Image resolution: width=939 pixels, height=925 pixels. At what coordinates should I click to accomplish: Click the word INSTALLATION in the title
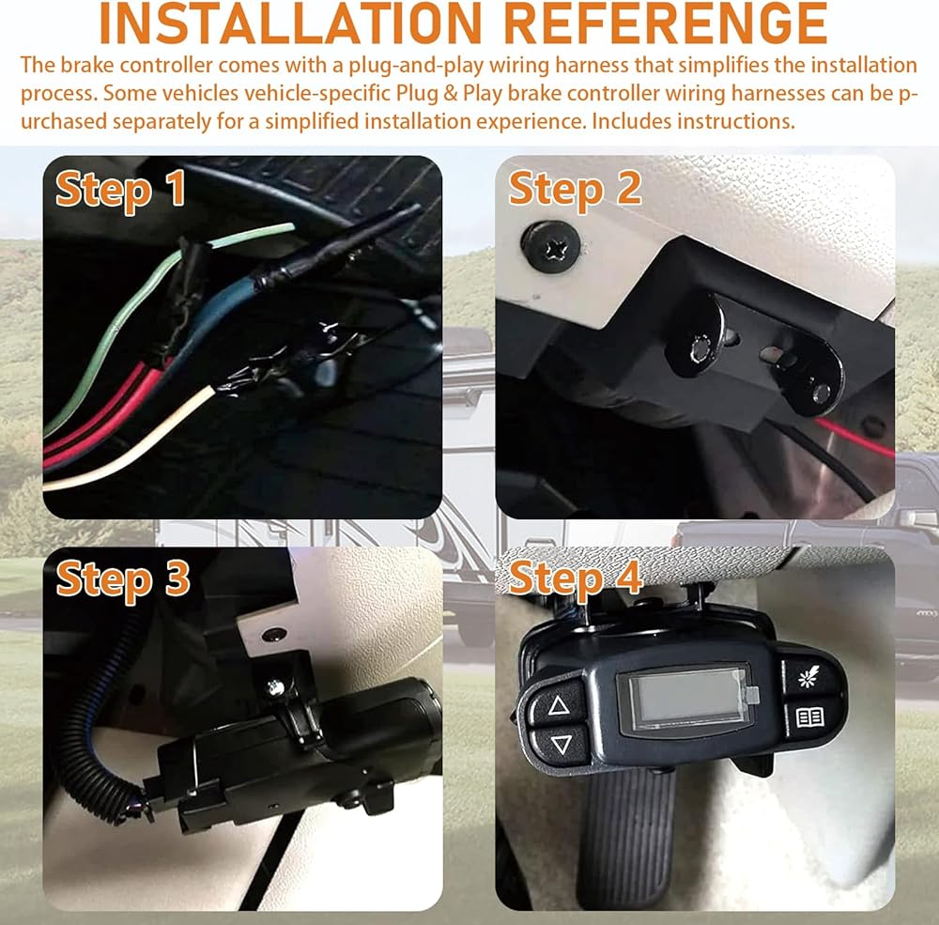[x=290, y=24]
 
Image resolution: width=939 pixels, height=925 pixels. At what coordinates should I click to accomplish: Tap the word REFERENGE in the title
[x=666, y=24]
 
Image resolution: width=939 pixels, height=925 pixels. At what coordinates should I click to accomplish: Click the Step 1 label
[x=120, y=190]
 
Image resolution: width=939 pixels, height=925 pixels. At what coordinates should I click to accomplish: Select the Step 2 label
[x=575, y=190]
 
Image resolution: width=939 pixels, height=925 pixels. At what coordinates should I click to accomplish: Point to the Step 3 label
[x=123, y=580]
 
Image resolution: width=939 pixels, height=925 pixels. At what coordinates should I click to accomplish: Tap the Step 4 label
[x=576, y=578]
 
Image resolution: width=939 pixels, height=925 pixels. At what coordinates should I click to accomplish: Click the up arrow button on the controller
[x=558, y=705]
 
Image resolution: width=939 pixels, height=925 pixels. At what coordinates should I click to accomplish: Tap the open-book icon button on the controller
[x=810, y=717]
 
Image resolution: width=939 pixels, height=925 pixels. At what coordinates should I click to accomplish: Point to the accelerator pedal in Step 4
[x=629, y=833]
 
